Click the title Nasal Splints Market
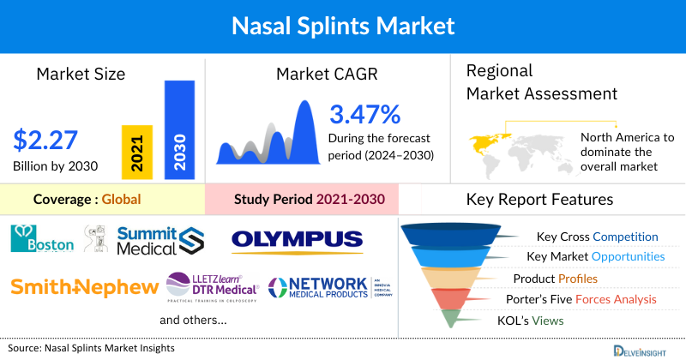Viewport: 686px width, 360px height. tap(343, 26)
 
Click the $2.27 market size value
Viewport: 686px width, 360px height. tap(45, 139)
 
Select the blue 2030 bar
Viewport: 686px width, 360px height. tap(179, 130)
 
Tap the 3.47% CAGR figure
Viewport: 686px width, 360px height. tap(364, 114)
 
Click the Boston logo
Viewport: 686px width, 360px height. tap(42, 239)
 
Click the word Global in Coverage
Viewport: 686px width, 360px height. tap(121, 200)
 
